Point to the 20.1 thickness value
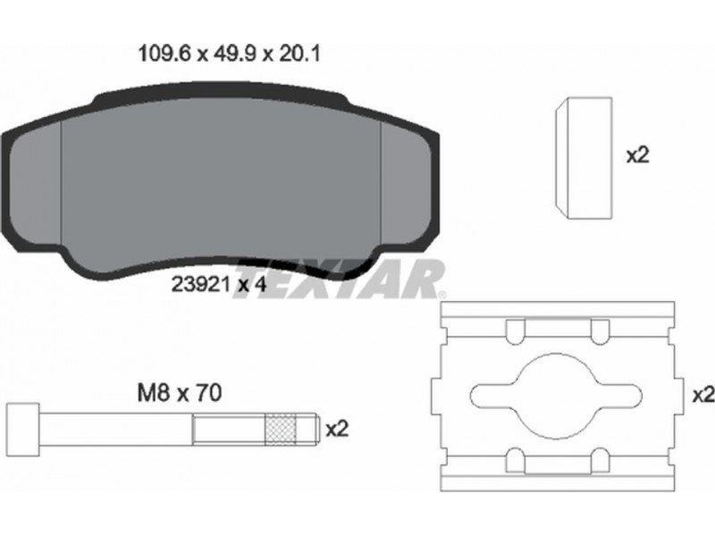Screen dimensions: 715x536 point(299,54)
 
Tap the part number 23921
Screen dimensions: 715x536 point(200,285)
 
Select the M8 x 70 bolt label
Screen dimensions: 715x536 point(180,393)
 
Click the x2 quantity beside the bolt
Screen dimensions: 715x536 point(338,429)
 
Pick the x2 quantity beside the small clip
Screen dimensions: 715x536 point(638,155)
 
